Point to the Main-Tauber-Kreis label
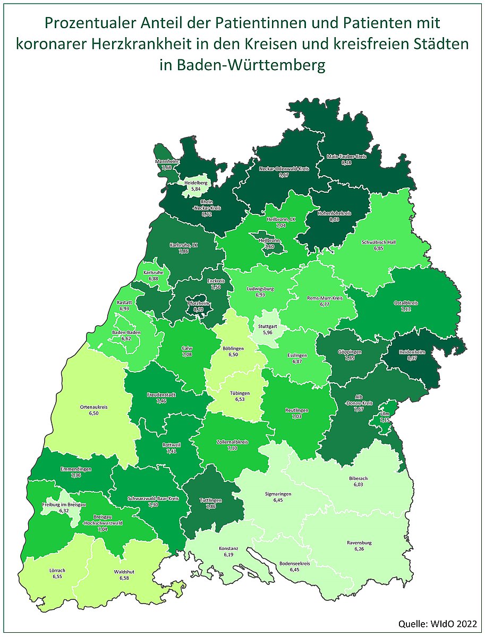(346, 157)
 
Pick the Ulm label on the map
(385, 414)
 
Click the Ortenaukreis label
(93, 407)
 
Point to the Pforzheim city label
(199, 303)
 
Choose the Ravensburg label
(359, 543)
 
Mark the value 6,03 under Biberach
(358, 484)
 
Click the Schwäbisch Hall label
(378, 242)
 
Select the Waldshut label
(124, 572)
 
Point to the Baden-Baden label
(125, 332)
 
